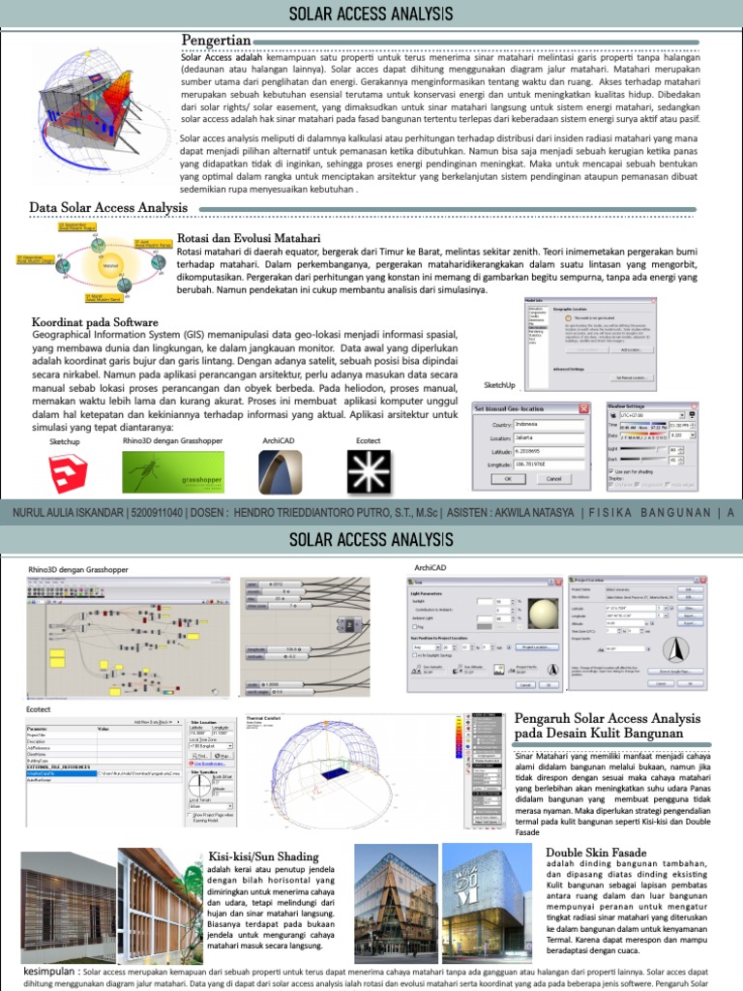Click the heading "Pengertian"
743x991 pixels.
pyautogui.click(x=217, y=40)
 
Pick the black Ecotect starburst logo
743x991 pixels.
pyautogui.click(x=367, y=472)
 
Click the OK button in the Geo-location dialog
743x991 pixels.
pyautogui.click(x=508, y=478)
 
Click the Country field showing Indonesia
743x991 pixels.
pyautogui.click(x=548, y=424)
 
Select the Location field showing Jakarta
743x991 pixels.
pyautogui.click(x=548, y=437)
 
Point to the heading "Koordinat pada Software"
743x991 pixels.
pyautogui.click(x=95, y=322)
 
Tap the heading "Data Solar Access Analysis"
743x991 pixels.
pyautogui.click(x=108, y=207)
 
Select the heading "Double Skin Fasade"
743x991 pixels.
pyautogui.click(x=596, y=853)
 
